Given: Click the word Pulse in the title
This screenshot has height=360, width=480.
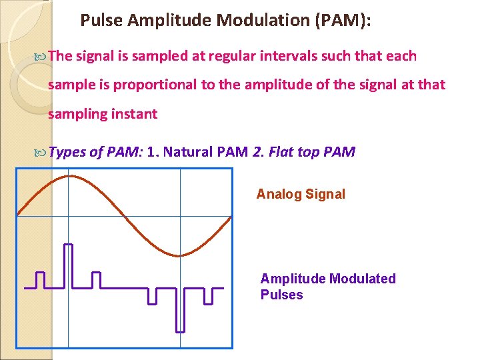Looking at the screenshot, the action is (x=101, y=21).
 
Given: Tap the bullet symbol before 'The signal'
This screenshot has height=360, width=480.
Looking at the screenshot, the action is (x=41, y=57).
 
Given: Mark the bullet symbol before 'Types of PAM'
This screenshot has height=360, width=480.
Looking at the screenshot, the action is (x=41, y=153).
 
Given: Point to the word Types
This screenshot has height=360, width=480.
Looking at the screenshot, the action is (x=67, y=153).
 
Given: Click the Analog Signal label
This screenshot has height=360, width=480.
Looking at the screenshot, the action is (x=301, y=195).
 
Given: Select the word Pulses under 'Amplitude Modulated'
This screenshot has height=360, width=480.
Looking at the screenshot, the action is (x=281, y=295).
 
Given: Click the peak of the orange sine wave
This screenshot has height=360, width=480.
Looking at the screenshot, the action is (x=69, y=176).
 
